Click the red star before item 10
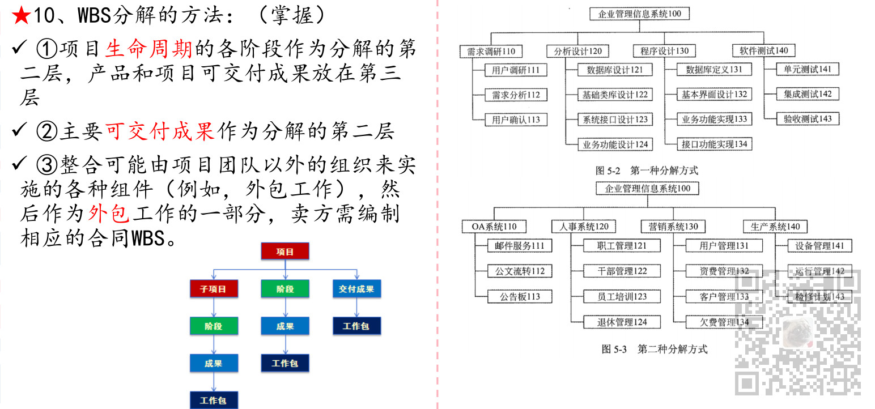click(x=20, y=15)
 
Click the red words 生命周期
click(x=150, y=49)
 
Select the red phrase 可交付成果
click(x=160, y=131)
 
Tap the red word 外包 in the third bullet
click(x=109, y=214)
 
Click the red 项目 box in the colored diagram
click(x=285, y=252)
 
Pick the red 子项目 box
click(x=213, y=289)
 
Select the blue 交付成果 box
click(x=356, y=289)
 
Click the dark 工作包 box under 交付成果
click(x=356, y=326)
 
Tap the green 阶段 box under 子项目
click(x=213, y=326)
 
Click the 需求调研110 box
click(x=491, y=51)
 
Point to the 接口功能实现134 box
click(x=715, y=144)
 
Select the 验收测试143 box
click(x=808, y=118)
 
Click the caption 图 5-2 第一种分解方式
click(x=647, y=170)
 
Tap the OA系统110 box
click(x=494, y=227)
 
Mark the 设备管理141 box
click(x=819, y=246)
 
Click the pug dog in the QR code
click(x=798, y=331)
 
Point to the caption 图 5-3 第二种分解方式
click(x=655, y=349)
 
